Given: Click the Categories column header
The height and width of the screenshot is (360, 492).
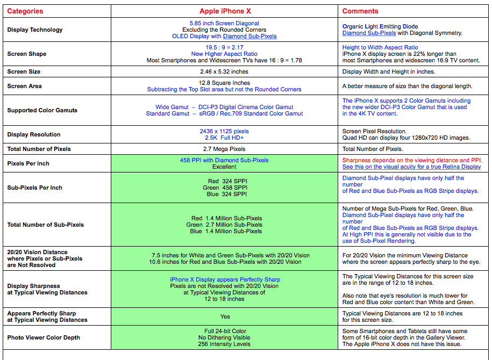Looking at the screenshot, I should [25, 11].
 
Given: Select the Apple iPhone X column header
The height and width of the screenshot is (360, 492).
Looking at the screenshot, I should [225, 11].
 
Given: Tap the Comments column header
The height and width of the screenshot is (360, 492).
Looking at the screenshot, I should [360, 11].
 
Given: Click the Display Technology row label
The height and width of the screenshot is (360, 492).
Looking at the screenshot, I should [35, 30].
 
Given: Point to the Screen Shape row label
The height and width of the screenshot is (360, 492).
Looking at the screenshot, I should [27, 54].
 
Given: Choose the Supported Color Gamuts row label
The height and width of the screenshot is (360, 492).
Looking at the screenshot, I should [42, 111].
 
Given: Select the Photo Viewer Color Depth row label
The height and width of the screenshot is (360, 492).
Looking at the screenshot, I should [44, 338].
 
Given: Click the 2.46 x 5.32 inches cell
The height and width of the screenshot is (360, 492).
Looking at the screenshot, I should [225, 72].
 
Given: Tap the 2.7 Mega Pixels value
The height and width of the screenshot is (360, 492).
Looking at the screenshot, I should [225, 149].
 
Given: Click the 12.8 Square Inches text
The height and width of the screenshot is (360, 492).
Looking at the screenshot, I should [225, 83].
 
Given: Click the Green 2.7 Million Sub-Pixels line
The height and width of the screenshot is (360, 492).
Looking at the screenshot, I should [224, 225].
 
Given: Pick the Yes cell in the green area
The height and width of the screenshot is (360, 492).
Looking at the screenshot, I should [225, 317].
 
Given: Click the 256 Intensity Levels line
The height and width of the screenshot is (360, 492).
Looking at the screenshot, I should [225, 344].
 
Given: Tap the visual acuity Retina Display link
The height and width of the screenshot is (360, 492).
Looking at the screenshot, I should [411, 167].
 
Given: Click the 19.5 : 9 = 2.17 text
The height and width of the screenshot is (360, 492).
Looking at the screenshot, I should [225, 48].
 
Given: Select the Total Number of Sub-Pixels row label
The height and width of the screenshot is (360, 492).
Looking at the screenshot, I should [46, 225].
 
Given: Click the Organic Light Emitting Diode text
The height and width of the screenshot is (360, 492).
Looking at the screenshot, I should [380, 27].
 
